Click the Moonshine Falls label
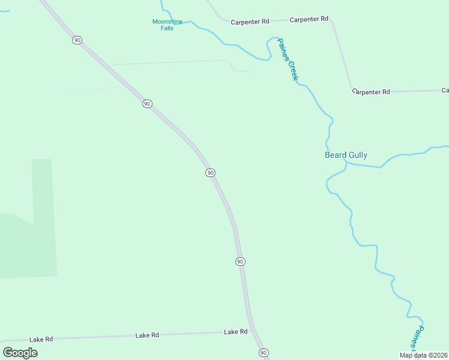tap(167, 25)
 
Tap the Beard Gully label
tap(346, 155)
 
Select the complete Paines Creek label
tap(288, 61)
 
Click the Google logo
tap(20, 352)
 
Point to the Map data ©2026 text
tap(423, 355)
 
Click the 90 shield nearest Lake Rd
tap(264, 353)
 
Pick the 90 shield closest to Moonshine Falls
tap(77, 40)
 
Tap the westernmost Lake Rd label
tap(41, 339)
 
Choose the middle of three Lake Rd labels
tap(147, 335)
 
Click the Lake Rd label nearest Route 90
tap(236, 332)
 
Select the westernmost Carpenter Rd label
tap(250, 22)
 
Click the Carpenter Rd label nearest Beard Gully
tap(371, 92)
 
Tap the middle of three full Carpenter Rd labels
tap(309, 19)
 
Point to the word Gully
tap(357, 155)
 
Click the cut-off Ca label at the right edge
tap(445, 90)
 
